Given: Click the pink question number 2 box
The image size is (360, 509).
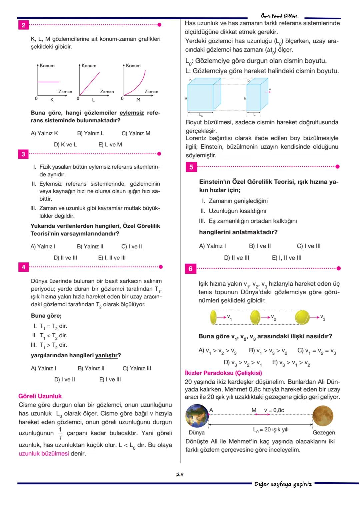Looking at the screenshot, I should [x=23, y=25].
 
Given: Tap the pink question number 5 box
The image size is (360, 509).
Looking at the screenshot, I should [x=191, y=167].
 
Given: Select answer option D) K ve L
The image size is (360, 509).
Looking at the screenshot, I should [x=65, y=145].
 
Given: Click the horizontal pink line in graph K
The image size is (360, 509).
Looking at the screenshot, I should [x=49, y=82].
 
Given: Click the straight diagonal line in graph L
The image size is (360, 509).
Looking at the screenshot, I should [x=90, y=83].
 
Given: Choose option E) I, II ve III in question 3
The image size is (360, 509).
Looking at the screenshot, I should [x=112, y=258].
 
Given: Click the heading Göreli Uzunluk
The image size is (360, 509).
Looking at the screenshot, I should [x=40, y=396].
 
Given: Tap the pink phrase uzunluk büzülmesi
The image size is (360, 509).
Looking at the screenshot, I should [x=44, y=454].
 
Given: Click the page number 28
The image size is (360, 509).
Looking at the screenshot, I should [x=180, y=474].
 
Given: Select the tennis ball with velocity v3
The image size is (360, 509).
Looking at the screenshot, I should [x=302, y=317].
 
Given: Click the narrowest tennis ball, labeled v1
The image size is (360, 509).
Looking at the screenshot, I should [x=213, y=317].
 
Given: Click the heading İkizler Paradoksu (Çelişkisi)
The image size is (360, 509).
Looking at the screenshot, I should [x=223, y=373].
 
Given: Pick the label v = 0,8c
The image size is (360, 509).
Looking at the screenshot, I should [x=274, y=410].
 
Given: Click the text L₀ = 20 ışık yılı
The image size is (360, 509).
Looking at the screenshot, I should [x=271, y=430].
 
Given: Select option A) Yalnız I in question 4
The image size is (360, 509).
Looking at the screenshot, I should [x=43, y=368].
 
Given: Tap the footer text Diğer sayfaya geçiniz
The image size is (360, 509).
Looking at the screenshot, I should [x=283, y=484].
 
